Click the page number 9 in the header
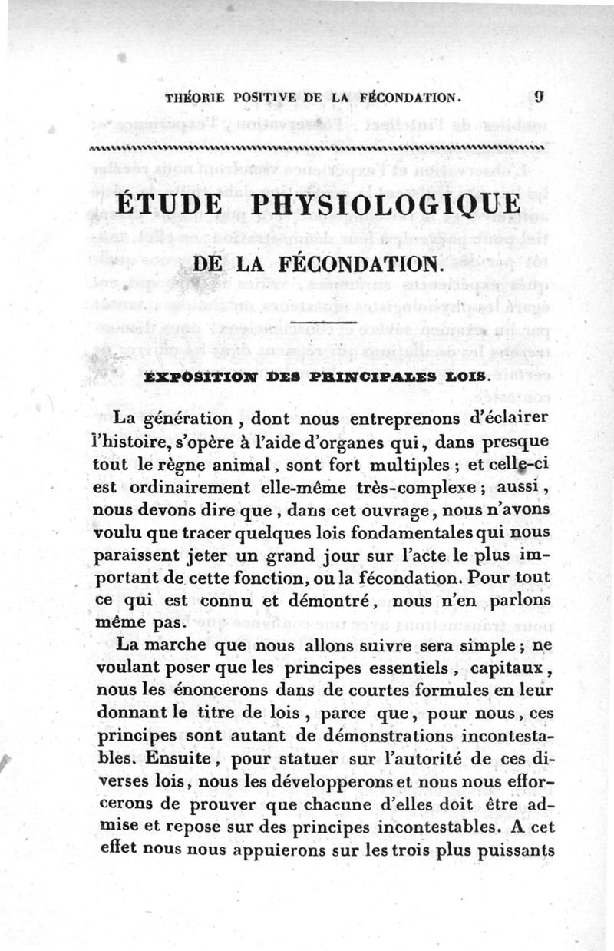click(x=540, y=97)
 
